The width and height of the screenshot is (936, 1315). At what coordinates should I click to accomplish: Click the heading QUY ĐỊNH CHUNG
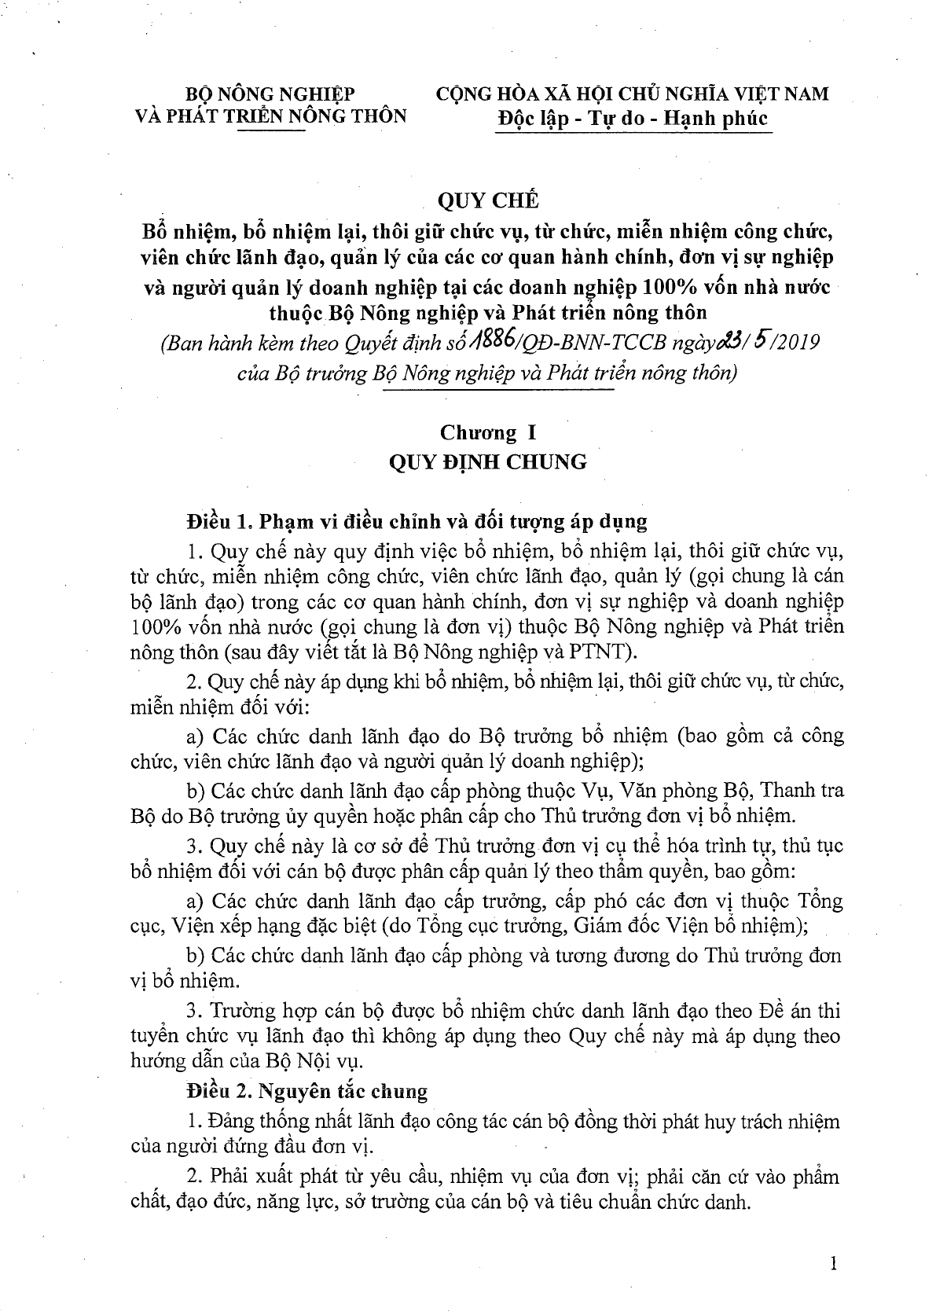coord(488,461)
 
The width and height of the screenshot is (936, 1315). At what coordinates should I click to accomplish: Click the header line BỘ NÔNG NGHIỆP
coord(270,94)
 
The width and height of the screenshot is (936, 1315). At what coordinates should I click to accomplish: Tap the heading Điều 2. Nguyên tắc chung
coord(307,1090)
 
